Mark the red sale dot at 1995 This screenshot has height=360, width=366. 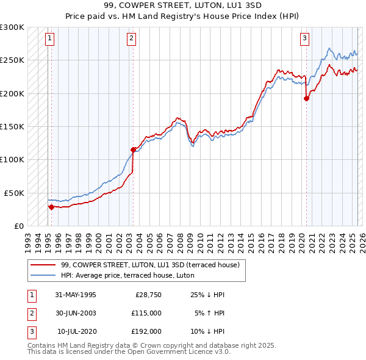point(51,207)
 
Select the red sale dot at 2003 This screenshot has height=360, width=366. point(133,149)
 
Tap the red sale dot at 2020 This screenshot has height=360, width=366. point(306,99)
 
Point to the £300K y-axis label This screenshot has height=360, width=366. point(12,27)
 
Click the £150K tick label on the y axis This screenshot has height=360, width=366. point(12,126)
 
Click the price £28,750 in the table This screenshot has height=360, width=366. point(146,295)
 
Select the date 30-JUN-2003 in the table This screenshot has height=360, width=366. point(76,313)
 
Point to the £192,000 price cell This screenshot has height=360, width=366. point(146,331)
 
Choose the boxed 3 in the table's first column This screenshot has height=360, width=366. point(31,331)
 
